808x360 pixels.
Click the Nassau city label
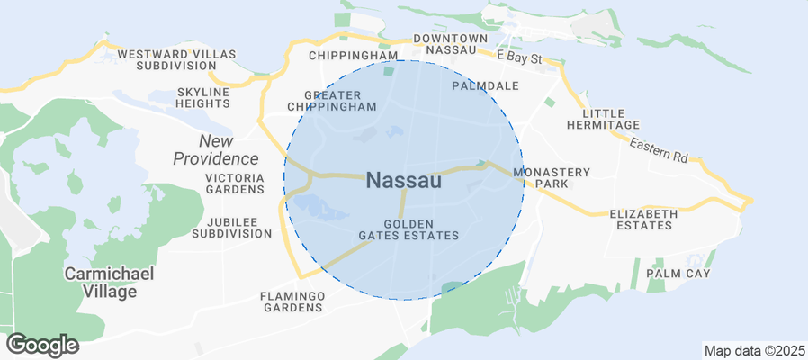pyautogui.click(x=404, y=180)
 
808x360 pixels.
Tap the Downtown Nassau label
pyautogui.click(x=450, y=44)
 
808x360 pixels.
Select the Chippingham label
pyautogui.click(x=353, y=56)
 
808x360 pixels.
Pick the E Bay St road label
pyautogui.click(x=522, y=58)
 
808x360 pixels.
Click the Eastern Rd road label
pyautogui.click(x=659, y=150)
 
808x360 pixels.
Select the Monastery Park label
pyautogui.click(x=551, y=177)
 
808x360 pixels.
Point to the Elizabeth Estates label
pyautogui.click(x=642, y=220)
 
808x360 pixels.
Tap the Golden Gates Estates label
pyautogui.click(x=409, y=229)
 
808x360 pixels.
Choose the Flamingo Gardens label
pyautogui.click(x=292, y=301)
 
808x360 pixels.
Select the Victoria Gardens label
pyautogui.click(x=235, y=184)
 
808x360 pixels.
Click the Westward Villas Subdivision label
pyautogui.click(x=176, y=60)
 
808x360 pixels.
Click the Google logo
pyautogui.click(x=42, y=344)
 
